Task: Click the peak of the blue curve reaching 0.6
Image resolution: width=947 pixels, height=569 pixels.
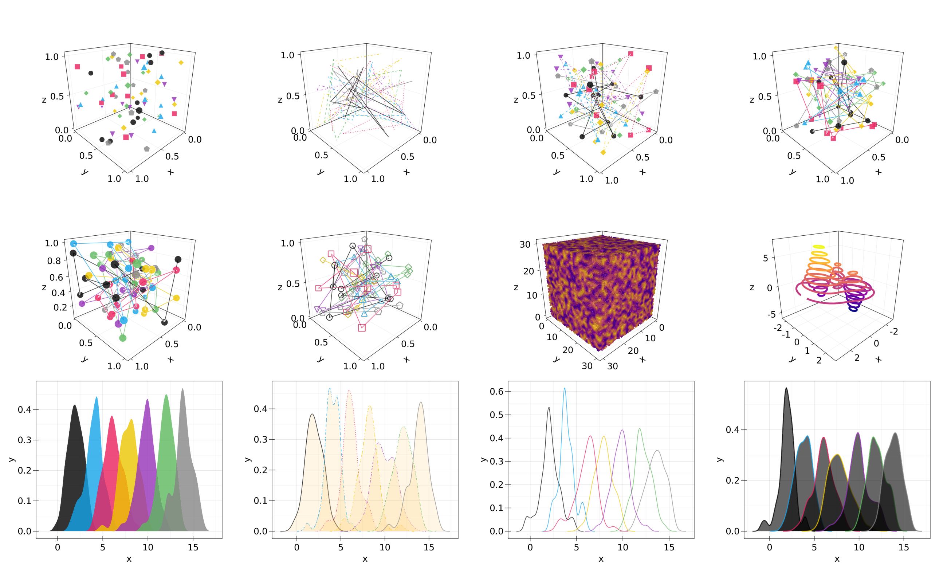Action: click(564, 388)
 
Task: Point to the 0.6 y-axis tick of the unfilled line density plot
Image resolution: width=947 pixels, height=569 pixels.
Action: click(497, 392)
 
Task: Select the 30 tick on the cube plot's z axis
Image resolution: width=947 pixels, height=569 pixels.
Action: click(525, 244)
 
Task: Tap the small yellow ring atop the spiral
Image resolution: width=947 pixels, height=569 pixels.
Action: click(818, 247)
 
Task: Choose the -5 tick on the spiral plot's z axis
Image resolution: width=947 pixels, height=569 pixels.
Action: click(771, 314)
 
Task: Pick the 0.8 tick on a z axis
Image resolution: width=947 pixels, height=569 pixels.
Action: click(54, 261)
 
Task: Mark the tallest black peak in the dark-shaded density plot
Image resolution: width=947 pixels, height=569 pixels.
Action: click(786, 388)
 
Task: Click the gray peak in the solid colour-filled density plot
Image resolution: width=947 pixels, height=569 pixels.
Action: click(182, 389)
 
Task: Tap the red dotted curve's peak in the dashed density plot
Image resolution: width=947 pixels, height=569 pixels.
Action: click(349, 391)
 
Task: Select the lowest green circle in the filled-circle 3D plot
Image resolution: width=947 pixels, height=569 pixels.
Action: click(123, 338)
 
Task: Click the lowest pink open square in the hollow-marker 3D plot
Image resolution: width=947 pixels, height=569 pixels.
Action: click(362, 328)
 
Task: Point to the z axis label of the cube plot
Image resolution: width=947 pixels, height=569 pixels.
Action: click(516, 287)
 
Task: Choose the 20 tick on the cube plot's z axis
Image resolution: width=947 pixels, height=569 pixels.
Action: click(528, 271)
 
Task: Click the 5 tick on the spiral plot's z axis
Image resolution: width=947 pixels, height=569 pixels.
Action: click(765, 258)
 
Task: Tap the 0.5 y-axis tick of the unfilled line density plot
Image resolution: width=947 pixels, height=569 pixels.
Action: click(497, 415)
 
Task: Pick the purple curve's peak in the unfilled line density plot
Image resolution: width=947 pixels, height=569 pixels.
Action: click(622, 430)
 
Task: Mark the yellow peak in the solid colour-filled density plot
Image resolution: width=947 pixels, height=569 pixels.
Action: click(131, 420)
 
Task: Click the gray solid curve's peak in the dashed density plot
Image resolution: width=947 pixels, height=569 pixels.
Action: click(421, 402)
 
